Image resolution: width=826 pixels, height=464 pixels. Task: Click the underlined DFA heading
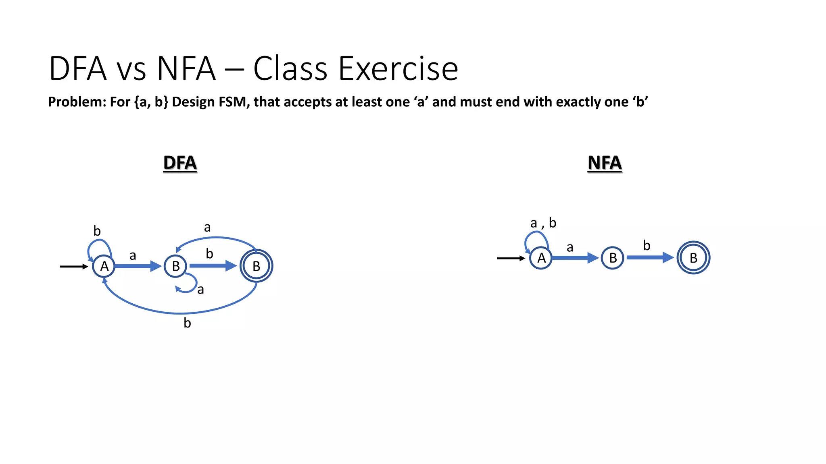(180, 163)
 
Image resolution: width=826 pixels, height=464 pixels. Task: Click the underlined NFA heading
(604, 163)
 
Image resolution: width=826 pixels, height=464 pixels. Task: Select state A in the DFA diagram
(104, 266)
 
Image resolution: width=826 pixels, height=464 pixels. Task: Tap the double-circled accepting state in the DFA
(256, 266)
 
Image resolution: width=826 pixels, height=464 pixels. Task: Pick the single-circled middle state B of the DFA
(175, 266)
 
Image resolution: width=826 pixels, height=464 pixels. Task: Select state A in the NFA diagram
(541, 258)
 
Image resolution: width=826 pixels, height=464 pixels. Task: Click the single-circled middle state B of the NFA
(612, 258)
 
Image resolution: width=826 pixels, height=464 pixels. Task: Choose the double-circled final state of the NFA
(693, 258)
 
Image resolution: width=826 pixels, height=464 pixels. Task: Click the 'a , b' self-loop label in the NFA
(543, 223)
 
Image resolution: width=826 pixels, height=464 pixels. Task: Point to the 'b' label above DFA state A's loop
(97, 231)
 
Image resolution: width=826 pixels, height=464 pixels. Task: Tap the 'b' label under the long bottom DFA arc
(187, 323)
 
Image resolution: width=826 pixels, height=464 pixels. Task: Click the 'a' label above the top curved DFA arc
(207, 228)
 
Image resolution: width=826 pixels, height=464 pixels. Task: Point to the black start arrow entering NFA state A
(511, 258)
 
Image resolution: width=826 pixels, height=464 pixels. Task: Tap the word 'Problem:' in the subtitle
(77, 102)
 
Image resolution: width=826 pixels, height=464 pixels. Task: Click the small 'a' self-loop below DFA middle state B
(188, 284)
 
